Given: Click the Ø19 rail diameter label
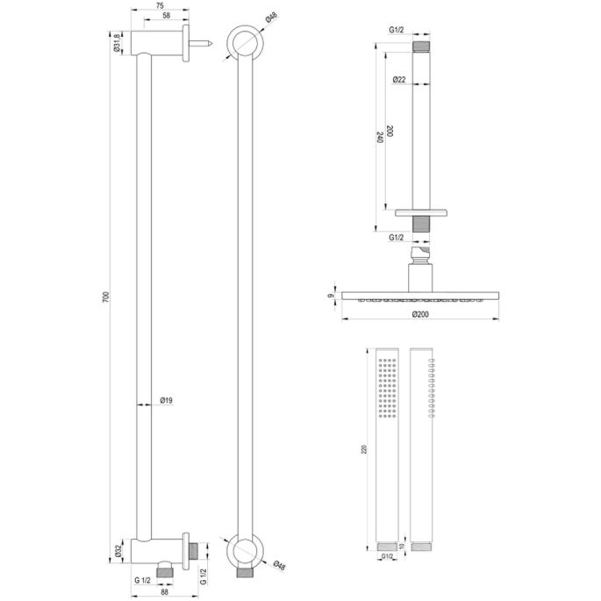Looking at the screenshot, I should pos(166,401).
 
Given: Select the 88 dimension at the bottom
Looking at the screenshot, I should pos(164,593).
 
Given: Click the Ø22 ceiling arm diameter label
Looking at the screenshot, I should pos(398,80).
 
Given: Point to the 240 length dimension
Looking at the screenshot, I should pos(379,137).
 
